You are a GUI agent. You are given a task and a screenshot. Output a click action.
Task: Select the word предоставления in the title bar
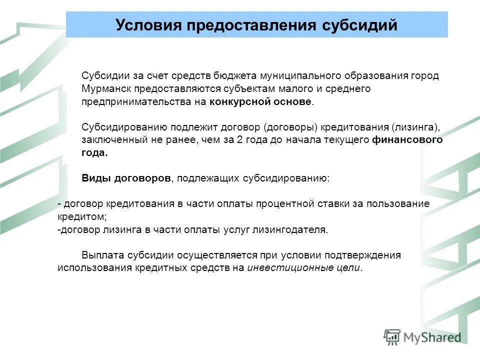[250, 24]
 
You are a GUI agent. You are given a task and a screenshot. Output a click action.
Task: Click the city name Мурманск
[105, 88]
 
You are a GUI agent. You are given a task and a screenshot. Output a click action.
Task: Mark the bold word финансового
[407, 140]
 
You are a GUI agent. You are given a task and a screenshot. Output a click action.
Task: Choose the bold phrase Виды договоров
[126, 178]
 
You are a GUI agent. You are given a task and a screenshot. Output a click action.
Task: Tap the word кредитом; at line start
[82, 217]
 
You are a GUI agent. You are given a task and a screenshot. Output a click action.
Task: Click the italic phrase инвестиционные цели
[303, 268]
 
